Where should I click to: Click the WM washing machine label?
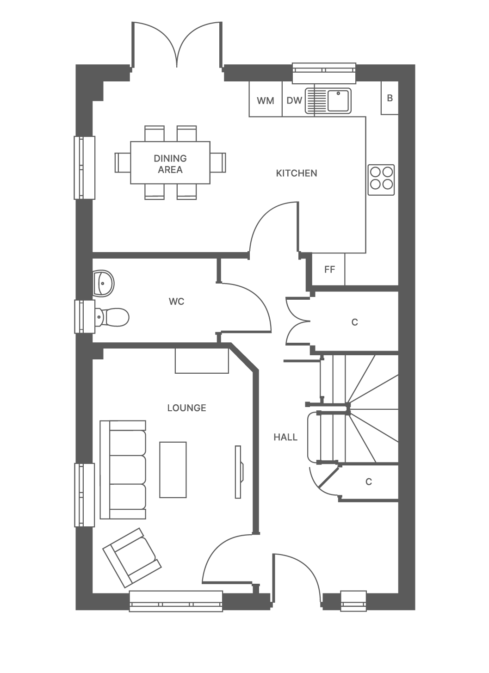(x=265, y=101)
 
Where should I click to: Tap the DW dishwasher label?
(x=294, y=100)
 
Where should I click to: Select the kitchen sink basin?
(x=339, y=101)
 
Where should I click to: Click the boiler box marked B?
(x=390, y=98)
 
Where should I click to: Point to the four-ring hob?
(x=381, y=180)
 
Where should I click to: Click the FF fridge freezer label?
(x=329, y=270)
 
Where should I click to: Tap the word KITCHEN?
(x=297, y=173)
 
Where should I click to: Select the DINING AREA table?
(x=170, y=162)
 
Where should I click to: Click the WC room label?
(x=176, y=302)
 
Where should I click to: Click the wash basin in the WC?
(x=103, y=284)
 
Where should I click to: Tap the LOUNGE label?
(x=186, y=408)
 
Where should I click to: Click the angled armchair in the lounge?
(x=132, y=558)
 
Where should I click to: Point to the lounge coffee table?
(x=173, y=469)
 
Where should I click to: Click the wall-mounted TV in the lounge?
(x=239, y=472)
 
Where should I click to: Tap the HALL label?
(x=285, y=437)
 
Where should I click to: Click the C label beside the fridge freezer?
(x=355, y=322)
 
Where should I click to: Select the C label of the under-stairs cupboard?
(x=369, y=482)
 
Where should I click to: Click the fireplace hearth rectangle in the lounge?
(x=202, y=361)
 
